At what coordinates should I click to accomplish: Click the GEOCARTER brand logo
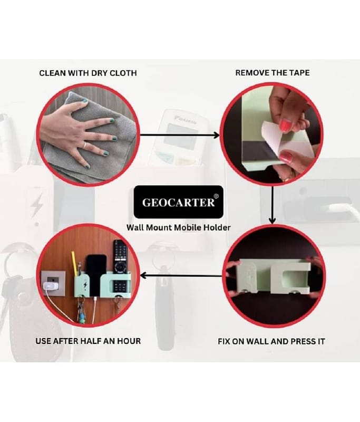(179, 202)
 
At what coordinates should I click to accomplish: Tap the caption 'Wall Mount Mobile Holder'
(179, 227)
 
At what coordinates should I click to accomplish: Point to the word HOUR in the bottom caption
(129, 341)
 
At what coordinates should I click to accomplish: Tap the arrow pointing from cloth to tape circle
(180, 135)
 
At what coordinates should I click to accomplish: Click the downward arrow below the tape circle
(273, 205)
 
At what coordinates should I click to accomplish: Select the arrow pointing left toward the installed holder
(181, 275)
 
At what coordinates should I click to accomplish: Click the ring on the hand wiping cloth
(84, 146)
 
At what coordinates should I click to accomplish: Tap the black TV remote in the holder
(119, 257)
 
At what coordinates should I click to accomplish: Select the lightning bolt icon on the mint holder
(85, 284)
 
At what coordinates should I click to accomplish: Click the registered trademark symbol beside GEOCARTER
(217, 196)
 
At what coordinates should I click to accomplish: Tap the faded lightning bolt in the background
(37, 205)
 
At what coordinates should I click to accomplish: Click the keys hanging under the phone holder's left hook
(81, 311)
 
